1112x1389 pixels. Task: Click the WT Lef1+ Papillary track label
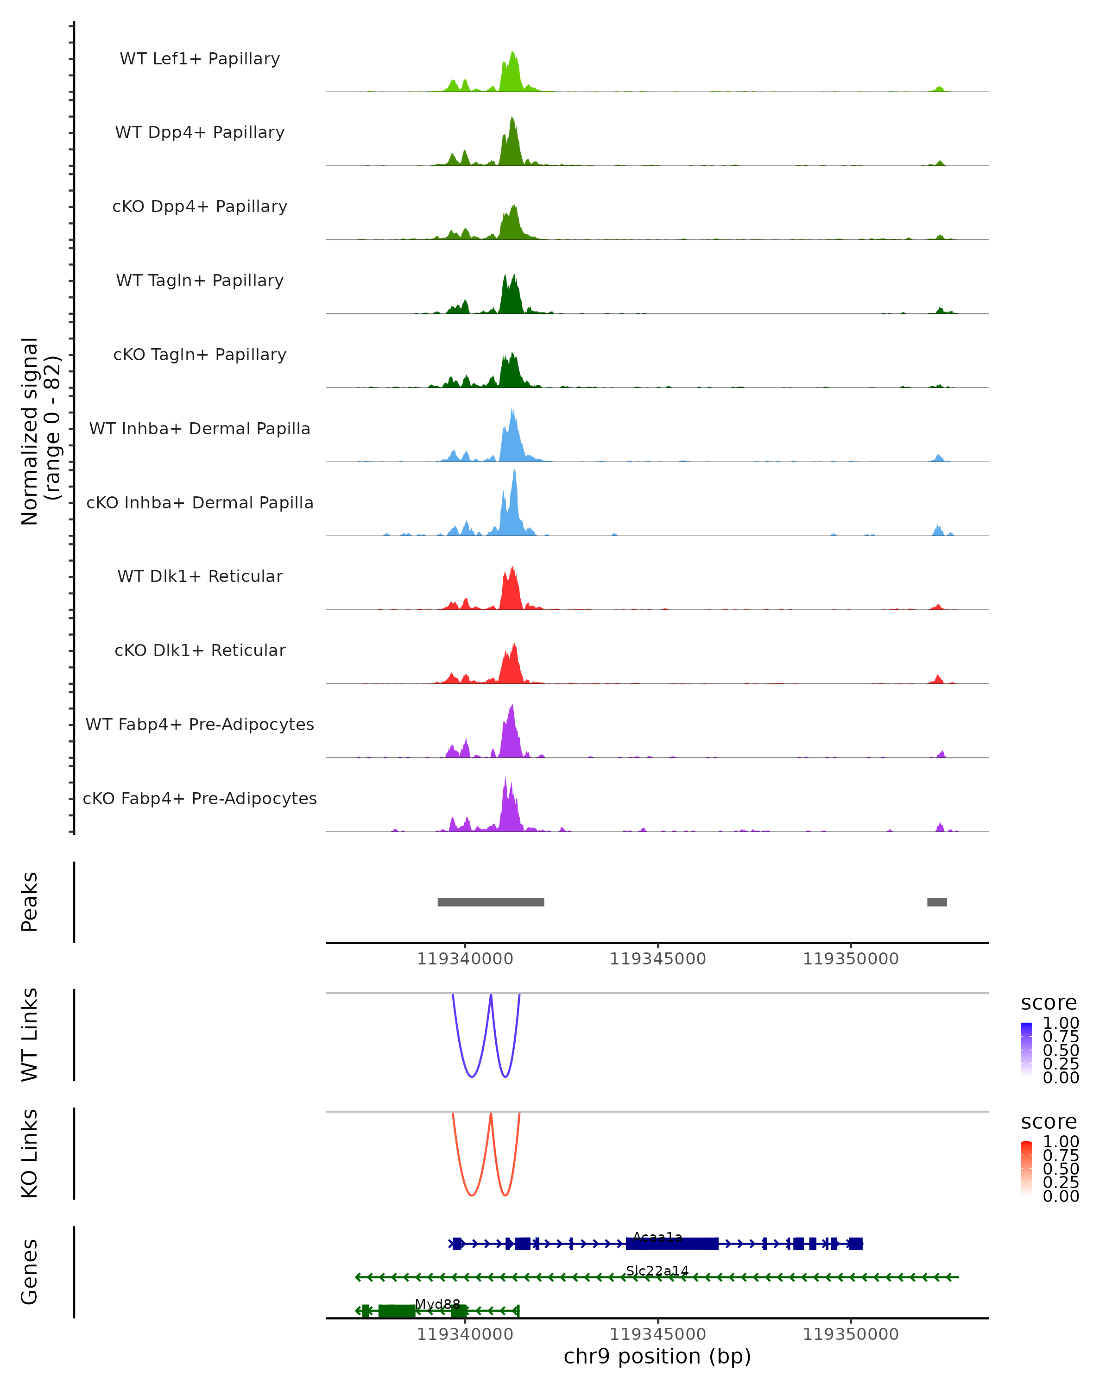(200, 59)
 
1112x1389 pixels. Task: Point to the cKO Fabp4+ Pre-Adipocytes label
(200, 798)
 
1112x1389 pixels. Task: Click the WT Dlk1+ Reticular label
(200, 576)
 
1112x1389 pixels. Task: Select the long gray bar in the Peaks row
(491, 902)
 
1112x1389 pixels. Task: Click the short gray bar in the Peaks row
(937, 902)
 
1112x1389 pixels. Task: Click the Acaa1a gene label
(657, 1237)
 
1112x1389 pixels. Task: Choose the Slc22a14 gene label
(657, 1270)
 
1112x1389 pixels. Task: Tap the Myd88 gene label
(438, 1304)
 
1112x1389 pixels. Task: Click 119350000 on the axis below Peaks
(850, 959)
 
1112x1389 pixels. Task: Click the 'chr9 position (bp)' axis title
(657, 1356)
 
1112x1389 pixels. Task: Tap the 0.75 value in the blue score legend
(1061, 1037)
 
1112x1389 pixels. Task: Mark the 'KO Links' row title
(30, 1153)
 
